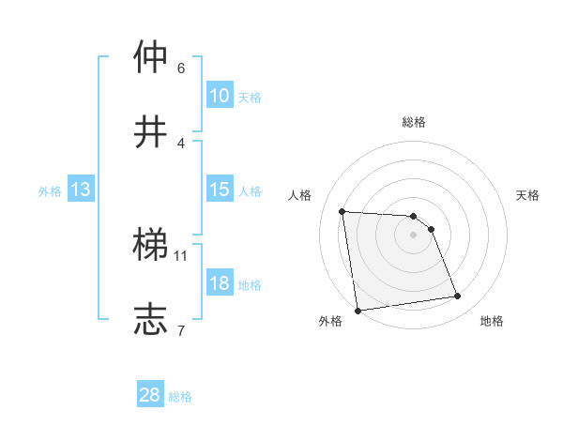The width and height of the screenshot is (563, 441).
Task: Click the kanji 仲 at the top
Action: (x=152, y=57)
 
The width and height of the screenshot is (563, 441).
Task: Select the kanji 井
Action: (x=152, y=130)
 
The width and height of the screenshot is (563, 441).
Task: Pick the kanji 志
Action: (x=152, y=318)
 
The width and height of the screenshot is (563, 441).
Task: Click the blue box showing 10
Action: (x=220, y=96)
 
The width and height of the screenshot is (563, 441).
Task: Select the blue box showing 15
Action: (x=220, y=190)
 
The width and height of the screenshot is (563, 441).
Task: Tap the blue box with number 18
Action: (x=220, y=283)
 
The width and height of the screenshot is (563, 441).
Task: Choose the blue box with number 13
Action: (x=81, y=190)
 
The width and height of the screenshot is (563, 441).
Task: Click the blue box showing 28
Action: (x=150, y=395)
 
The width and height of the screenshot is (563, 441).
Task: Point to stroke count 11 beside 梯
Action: (x=181, y=254)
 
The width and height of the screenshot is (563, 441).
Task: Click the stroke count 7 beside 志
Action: (x=181, y=329)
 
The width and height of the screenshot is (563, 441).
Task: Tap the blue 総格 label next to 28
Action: (x=180, y=397)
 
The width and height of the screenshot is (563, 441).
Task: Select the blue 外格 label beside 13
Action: (x=50, y=191)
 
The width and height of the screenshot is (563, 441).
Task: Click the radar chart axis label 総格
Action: (x=414, y=122)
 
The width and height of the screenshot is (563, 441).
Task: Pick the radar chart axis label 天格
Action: (x=528, y=195)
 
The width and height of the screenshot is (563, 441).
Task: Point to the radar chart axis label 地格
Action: (x=492, y=321)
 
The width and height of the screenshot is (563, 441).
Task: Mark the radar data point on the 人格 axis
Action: (x=342, y=211)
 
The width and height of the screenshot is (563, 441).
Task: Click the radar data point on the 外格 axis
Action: (x=358, y=311)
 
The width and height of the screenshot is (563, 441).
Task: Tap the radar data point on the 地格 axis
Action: (x=458, y=297)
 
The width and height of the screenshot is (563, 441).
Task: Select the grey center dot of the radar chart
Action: (x=414, y=235)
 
